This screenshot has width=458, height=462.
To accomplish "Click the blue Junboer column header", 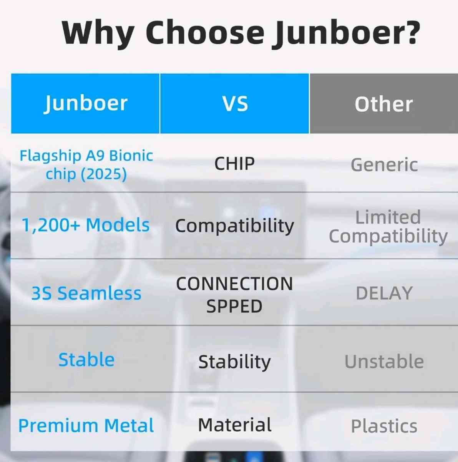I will [x=85, y=103].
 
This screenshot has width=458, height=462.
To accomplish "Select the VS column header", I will [x=235, y=104].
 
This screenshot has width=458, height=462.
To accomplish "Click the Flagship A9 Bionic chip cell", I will [x=86, y=165].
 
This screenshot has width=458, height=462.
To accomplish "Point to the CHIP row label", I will [x=234, y=164].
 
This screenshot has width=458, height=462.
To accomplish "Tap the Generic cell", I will [x=384, y=165].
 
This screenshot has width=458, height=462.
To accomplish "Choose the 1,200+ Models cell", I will [x=86, y=225].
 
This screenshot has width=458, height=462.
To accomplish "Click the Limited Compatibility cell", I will [x=388, y=226].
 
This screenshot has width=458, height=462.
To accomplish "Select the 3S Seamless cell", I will [x=86, y=293].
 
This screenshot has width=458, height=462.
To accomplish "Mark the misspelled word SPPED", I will [x=234, y=306].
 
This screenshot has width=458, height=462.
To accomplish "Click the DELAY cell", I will [x=384, y=293].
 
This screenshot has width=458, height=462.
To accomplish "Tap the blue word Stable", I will [x=86, y=360].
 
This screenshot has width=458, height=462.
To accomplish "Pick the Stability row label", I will [x=234, y=362].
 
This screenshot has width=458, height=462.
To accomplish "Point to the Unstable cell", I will [x=384, y=362].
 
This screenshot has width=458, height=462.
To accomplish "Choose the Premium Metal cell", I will [x=86, y=426].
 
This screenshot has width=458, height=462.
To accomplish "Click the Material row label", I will [x=234, y=425].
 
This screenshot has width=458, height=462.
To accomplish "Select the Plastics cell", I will [x=384, y=426].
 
